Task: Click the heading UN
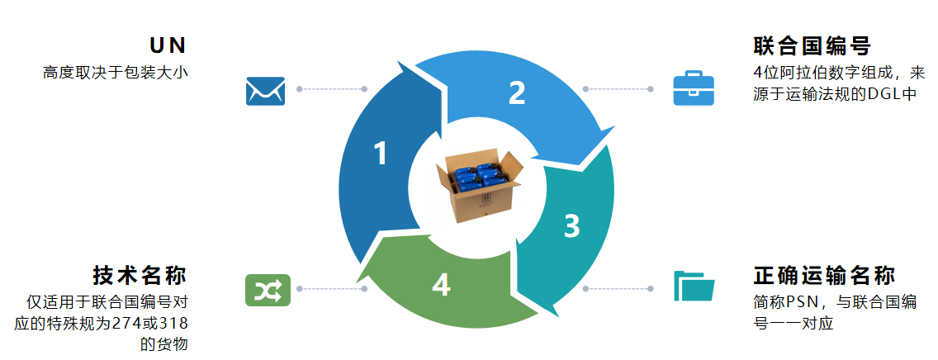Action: click(x=168, y=45)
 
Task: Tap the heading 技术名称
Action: click(x=140, y=276)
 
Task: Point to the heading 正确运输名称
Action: click(x=824, y=276)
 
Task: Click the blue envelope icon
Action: click(x=265, y=90)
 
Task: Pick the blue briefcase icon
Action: click(x=693, y=88)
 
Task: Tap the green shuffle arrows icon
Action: click(x=265, y=289)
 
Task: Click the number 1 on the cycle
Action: click(x=380, y=154)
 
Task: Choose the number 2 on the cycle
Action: click(x=517, y=92)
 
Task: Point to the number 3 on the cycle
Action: click(x=571, y=226)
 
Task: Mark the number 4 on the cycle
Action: click(x=441, y=285)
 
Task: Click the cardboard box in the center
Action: click(x=478, y=186)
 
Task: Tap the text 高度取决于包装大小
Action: click(x=116, y=72)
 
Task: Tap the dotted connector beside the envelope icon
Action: click(x=331, y=88)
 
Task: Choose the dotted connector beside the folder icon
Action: click(x=617, y=289)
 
